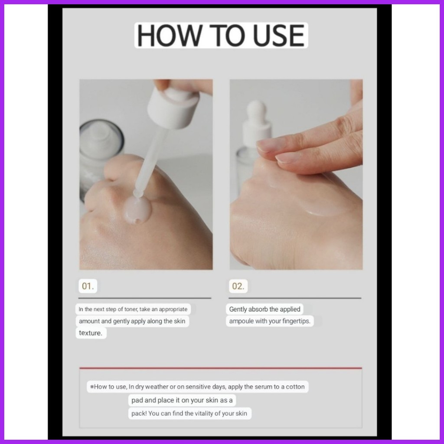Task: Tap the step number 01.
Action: pyautogui.click(x=88, y=286)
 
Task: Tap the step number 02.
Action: pyautogui.click(x=238, y=286)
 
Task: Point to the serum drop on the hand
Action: pyautogui.click(x=137, y=209)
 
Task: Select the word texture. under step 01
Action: pyautogui.click(x=91, y=333)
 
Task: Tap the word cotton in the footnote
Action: pyautogui.click(x=295, y=387)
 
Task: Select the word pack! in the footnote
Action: pyautogui.click(x=139, y=413)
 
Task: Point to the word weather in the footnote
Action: pyautogui.click(x=157, y=387)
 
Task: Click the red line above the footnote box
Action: pyautogui.click(x=221, y=368)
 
